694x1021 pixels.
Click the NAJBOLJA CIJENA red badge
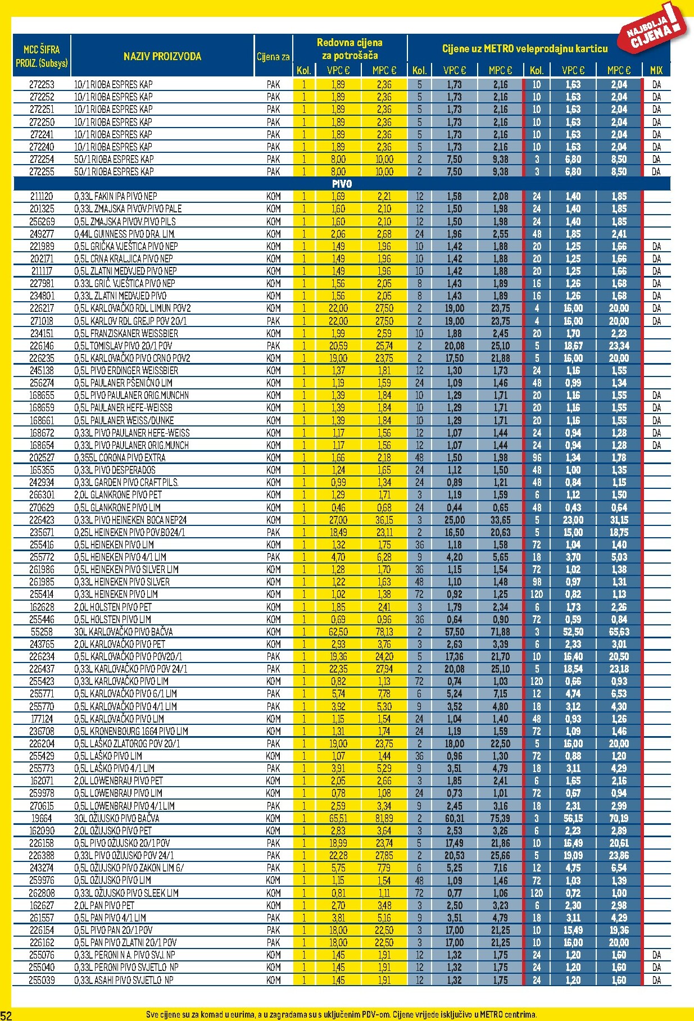point(654,31)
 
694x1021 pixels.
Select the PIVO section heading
point(342,184)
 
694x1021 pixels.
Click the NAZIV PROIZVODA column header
point(162,56)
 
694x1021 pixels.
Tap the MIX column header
point(656,70)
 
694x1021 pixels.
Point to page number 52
point(6,1014)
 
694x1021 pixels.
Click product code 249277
point(42,234)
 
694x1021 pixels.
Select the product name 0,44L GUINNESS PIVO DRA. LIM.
point(125,234)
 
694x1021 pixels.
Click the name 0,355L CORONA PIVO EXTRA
point(120,457)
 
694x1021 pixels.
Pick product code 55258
point(42,632)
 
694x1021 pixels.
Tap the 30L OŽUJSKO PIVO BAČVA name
point(117,818)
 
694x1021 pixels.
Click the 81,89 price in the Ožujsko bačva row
point(384,818)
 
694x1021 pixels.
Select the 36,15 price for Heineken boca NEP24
point(384,520)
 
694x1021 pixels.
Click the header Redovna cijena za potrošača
point(350,49)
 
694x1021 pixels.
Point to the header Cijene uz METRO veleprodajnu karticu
point(525,49)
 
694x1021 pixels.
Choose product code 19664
point(42,818)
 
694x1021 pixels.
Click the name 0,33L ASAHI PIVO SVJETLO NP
point(124,980)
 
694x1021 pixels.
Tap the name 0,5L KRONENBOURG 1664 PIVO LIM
point(131,731)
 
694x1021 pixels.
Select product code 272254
point(42,159)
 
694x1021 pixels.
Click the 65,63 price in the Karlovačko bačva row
point(619,632)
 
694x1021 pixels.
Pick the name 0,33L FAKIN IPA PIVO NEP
point(116,196)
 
